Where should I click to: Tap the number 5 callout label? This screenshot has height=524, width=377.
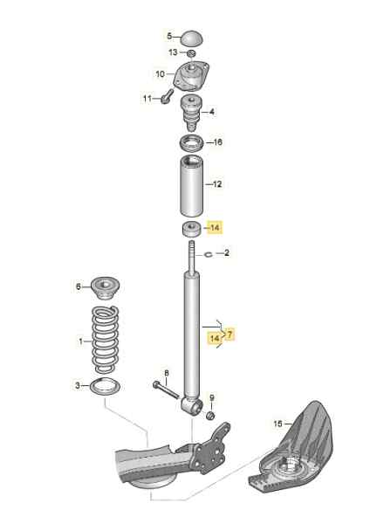click(169, 37)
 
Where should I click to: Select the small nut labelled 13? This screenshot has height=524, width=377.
click(189, 56)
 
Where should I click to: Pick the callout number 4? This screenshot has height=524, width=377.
click(212, 112)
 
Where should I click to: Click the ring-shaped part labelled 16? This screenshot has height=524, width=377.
click(191, 142)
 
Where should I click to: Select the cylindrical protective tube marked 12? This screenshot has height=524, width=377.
click(191, 187)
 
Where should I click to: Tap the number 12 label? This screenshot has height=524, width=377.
click(217, 184)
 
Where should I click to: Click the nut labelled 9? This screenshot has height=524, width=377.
click(209, 415)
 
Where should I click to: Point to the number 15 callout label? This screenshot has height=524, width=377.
click(278, 424)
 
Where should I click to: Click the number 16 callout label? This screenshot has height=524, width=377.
click(217, 141)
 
